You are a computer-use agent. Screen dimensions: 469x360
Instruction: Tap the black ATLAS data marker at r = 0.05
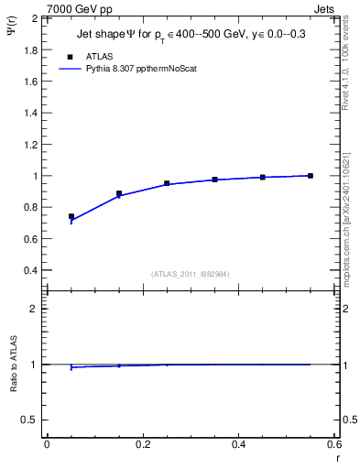[x=71, y=217]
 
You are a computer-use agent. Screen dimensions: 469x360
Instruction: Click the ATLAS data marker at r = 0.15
[x=119, y=194]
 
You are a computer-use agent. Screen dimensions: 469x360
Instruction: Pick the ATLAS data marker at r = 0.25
[x=167, y=183]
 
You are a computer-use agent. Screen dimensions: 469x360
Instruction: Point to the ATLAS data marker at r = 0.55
[x=311, y=176]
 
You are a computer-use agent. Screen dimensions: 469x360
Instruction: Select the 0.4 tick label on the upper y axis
[x=29, y=271]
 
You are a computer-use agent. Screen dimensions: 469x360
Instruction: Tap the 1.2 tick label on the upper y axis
[x=29, y=144]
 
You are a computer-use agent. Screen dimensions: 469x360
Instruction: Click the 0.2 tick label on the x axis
[x=142, y=444]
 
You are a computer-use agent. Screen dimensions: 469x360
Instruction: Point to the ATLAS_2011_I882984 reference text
[x=189, y=273]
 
